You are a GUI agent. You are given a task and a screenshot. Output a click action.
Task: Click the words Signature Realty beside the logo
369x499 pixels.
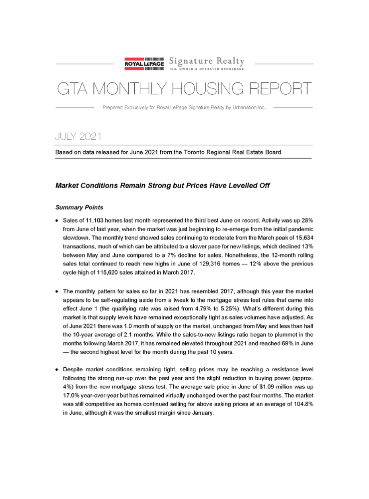[x=207, y=61]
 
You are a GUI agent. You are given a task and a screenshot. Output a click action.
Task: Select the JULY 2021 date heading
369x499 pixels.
[x=79, y=136]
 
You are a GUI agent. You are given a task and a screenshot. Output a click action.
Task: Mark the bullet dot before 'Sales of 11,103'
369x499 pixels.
[x=57, y=221]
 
